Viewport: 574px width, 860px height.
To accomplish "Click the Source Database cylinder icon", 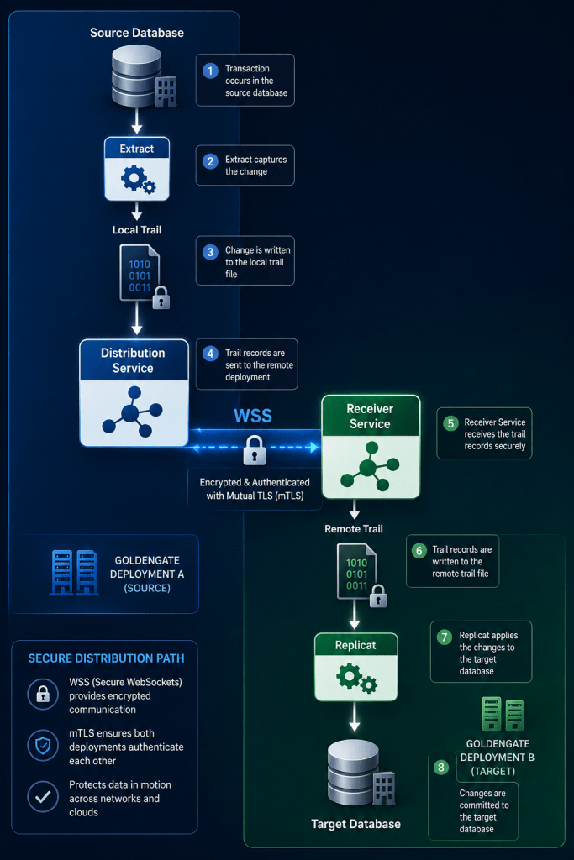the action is [137, 76].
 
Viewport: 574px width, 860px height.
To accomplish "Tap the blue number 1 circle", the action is [210, 71].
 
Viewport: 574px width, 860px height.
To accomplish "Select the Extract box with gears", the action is [137, 168].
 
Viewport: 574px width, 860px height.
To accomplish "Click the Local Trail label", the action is [137, 230].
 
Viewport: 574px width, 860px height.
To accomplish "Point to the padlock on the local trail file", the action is [161, 297].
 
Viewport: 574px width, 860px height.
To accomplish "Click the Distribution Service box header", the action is [134, 360].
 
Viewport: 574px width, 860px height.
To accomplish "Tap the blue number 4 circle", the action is [210, 354].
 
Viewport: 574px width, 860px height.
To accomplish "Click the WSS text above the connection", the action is [253, 415].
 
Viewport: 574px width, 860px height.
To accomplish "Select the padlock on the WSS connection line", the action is [254, 450].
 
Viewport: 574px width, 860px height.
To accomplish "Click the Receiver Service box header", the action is [371, 416].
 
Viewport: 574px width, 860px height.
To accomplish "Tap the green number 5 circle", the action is [450, 423].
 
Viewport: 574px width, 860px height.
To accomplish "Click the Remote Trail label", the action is [354, 529].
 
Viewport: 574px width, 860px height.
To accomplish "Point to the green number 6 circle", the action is [419, 551].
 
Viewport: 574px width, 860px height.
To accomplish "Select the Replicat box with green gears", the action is [355, 667].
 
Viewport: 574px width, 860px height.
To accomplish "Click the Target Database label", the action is [355, 824].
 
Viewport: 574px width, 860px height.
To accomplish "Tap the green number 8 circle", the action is [440, 768].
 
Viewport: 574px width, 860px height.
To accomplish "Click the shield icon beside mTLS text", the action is [43, 746].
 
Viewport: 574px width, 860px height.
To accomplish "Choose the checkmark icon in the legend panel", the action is [43, 797].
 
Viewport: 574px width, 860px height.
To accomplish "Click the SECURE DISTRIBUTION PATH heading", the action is [106, 658].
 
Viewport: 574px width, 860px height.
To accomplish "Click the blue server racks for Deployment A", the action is [74, 573].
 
